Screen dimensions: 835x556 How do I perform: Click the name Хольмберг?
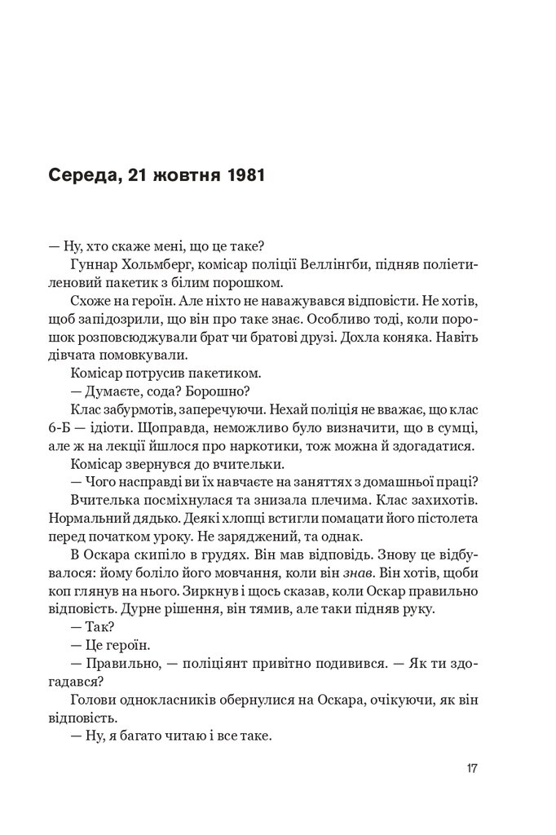153,266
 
